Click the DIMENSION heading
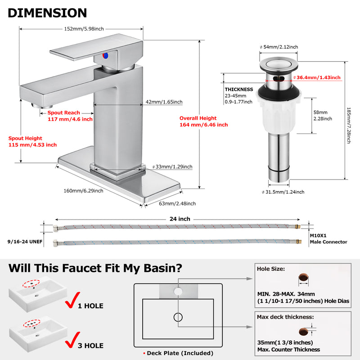[47, 13]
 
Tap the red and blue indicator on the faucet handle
[106, 56]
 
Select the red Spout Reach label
[70, 116]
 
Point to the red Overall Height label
[203, 121]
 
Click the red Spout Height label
[32, 142]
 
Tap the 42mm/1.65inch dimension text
[164, 102]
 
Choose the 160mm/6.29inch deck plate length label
[83, 190]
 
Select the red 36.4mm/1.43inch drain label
[319, 77]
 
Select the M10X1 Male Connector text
[328, 238]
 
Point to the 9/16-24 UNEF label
[22, 241]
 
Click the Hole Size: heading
[271, 269]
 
